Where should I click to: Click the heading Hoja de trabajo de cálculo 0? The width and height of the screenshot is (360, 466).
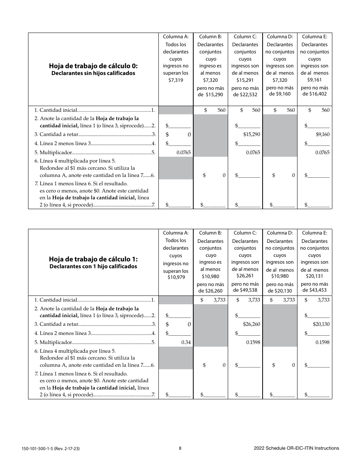[93, 66]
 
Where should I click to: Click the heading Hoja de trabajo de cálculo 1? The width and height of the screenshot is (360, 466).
[93, 259]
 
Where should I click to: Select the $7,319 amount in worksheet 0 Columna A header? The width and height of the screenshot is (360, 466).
[175, 80]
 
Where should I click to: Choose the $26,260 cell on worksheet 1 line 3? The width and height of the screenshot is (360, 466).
[252, 324]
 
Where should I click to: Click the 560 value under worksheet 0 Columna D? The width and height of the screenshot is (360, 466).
[291, 110]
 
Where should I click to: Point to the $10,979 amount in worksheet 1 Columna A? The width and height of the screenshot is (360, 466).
[175, 277]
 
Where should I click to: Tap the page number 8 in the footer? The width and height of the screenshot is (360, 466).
[180, 448]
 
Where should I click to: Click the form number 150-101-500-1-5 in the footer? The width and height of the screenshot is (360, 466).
[44, 449]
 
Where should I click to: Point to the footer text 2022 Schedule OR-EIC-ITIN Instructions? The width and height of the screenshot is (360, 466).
[296, 448]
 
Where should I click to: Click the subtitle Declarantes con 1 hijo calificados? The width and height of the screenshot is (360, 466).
[93, 266]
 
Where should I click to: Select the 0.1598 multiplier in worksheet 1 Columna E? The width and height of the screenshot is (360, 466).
[322, 342]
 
